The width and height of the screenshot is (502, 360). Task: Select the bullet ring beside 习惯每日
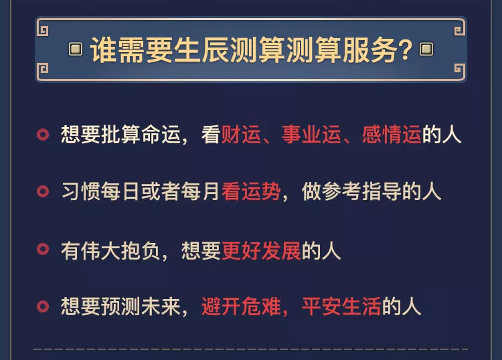point(43,193)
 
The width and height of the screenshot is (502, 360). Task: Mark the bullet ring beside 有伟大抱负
point(43,250)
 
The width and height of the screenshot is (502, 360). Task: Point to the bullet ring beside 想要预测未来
point(43,308)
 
